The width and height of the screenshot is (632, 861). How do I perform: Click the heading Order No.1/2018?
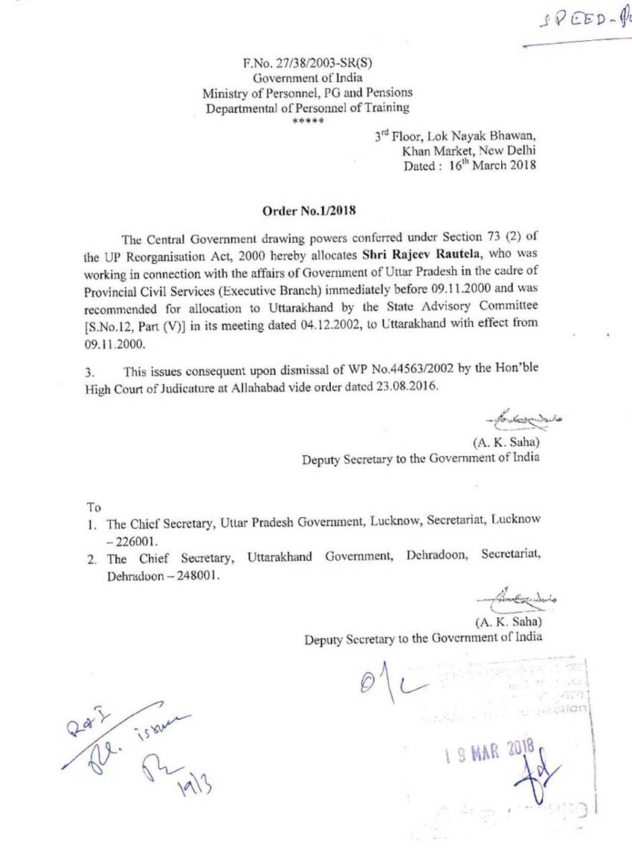[x=309, y=210]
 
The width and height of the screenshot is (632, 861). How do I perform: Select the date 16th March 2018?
[x=491, y=166]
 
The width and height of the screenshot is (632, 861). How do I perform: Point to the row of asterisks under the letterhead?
[x=308, y=120]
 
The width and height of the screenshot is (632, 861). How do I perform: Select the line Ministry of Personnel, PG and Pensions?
[x=308, y=92]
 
